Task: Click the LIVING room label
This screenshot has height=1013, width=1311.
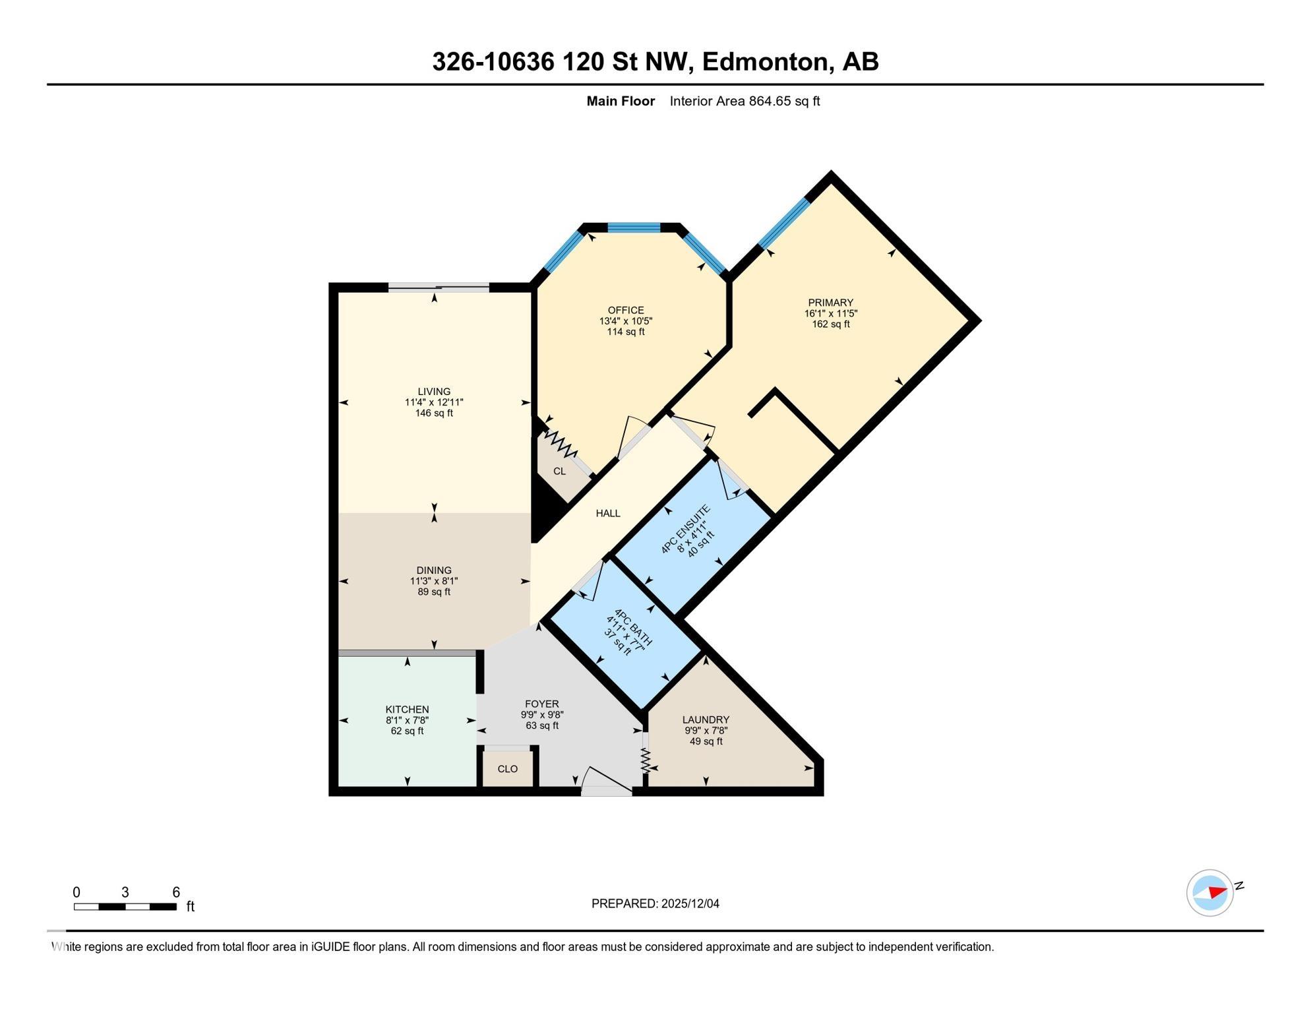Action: point(434,392)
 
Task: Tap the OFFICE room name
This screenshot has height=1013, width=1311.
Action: point(626,311)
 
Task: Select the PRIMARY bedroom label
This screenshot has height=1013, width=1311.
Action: point(830,303)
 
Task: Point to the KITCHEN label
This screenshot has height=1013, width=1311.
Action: point(408,710)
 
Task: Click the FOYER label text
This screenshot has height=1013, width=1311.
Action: point(542,704)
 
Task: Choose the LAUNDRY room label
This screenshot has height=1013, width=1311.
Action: point(706,720)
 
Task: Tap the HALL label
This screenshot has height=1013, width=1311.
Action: point(608,513)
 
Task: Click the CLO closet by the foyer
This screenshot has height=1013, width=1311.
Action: point(508,769)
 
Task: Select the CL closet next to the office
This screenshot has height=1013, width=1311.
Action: point(559,472)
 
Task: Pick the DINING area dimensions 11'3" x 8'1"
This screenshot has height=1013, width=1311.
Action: point(434,581)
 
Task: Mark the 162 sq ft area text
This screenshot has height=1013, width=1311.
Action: point(831,324)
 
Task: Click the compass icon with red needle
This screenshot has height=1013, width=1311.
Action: point(1210,893)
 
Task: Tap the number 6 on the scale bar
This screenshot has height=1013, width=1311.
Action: point(176,892)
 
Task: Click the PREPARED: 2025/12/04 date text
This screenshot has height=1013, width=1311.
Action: point(655,904)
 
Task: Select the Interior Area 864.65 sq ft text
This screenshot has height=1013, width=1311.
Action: point(745,101)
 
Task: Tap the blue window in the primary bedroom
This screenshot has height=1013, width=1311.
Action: point(784,224)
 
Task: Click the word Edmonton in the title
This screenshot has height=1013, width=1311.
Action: point(765,61)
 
